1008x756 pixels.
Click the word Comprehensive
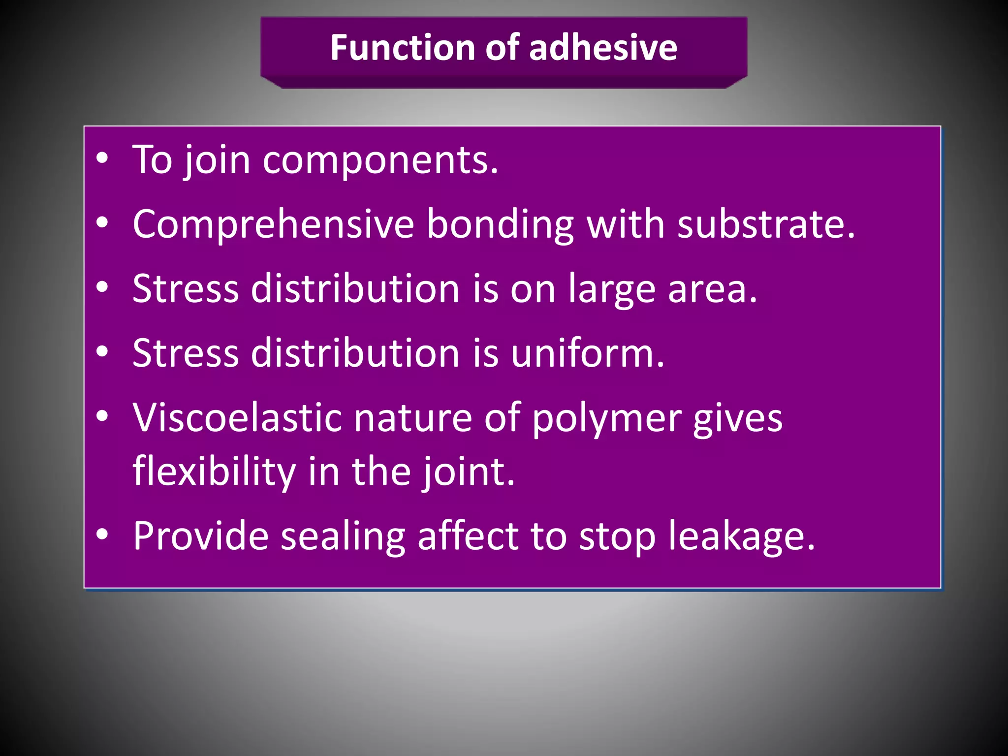(273, 224)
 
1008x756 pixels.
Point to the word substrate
(766, 224)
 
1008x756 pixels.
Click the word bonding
(500, 224)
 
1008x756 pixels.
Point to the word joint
(469, 472)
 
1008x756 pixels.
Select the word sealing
(343, 536)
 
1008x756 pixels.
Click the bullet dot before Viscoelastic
(102, 416)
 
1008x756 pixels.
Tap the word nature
(413, 418)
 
